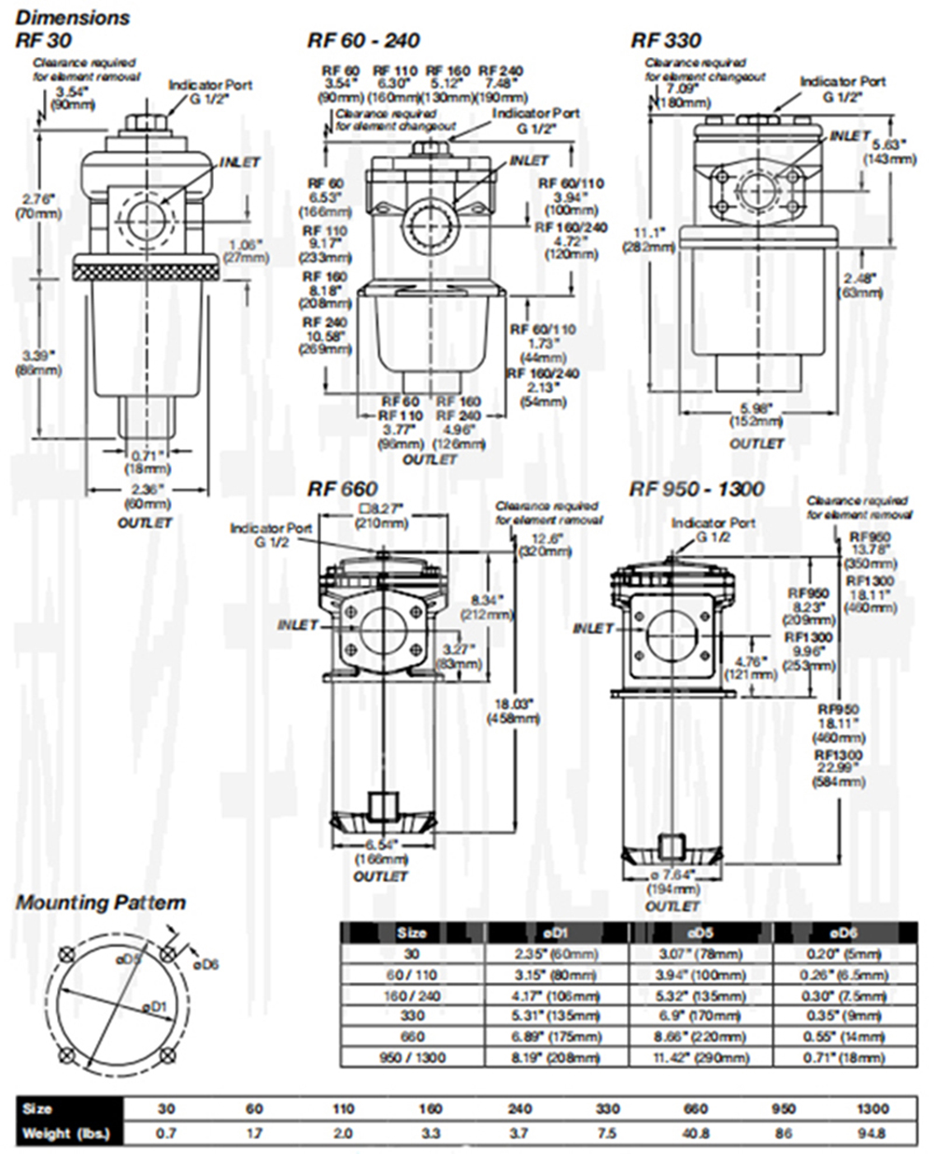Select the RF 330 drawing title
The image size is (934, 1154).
[665, 40]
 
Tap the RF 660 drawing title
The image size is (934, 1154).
[343, 489]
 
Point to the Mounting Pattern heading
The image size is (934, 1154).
[101, 903]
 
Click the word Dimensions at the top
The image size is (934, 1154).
[73, 17]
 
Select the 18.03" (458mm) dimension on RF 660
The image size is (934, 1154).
[513, 711]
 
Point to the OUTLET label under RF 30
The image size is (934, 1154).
[145, 522]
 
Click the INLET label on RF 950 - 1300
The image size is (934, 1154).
[593, 629]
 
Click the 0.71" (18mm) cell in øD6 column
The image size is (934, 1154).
[843, 1058]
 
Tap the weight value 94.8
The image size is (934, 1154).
[872, 1133]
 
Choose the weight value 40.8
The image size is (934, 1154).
[696, 1133]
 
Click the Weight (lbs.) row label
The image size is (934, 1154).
[64, 1133]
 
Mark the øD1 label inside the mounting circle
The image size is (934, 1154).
[154, 1006]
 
